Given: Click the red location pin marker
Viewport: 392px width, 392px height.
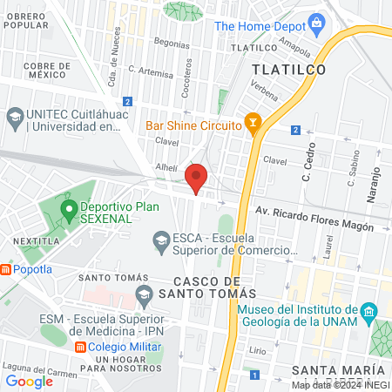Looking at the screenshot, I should [197, 178].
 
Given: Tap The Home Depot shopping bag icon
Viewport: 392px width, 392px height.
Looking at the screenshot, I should [317, 23].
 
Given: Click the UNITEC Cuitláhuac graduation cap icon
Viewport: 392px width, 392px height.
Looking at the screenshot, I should [15, 115].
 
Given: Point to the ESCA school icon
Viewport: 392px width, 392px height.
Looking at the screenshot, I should [160, 238].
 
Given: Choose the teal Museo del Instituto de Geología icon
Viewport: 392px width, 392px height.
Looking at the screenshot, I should [369, 311].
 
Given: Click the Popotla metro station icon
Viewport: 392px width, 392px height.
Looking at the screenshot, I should [6, 269].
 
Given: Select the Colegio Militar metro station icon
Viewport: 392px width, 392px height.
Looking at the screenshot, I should [80, 346].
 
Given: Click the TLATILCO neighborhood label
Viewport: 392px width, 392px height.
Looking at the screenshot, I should [287, 69].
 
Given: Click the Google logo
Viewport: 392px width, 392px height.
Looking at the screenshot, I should [30, 380].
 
